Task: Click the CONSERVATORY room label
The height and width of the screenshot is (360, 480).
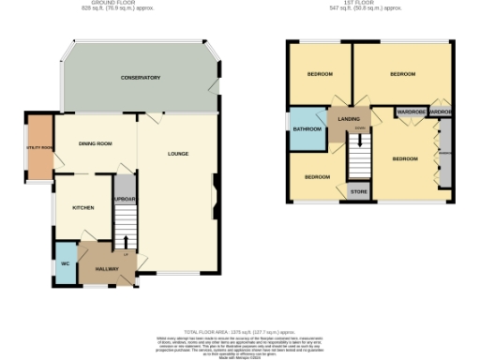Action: (x=141, y=78)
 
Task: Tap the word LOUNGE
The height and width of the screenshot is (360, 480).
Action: (x=178, y=154)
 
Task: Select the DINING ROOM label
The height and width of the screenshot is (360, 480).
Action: (x=95, y=143)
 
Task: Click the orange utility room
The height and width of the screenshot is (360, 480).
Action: (x=39, y=147)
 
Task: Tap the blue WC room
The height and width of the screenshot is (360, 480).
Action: (x=66, y=263)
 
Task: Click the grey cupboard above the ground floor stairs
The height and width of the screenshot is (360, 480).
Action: (x=126, y=199)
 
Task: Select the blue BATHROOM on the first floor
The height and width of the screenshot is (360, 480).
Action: (x=307, y=129)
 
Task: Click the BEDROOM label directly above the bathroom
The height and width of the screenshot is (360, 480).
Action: (x=319, y=74)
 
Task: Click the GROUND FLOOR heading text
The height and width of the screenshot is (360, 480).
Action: (x=106, y=5)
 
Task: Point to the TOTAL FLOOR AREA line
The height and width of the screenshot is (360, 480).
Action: (x=240, y=332)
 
